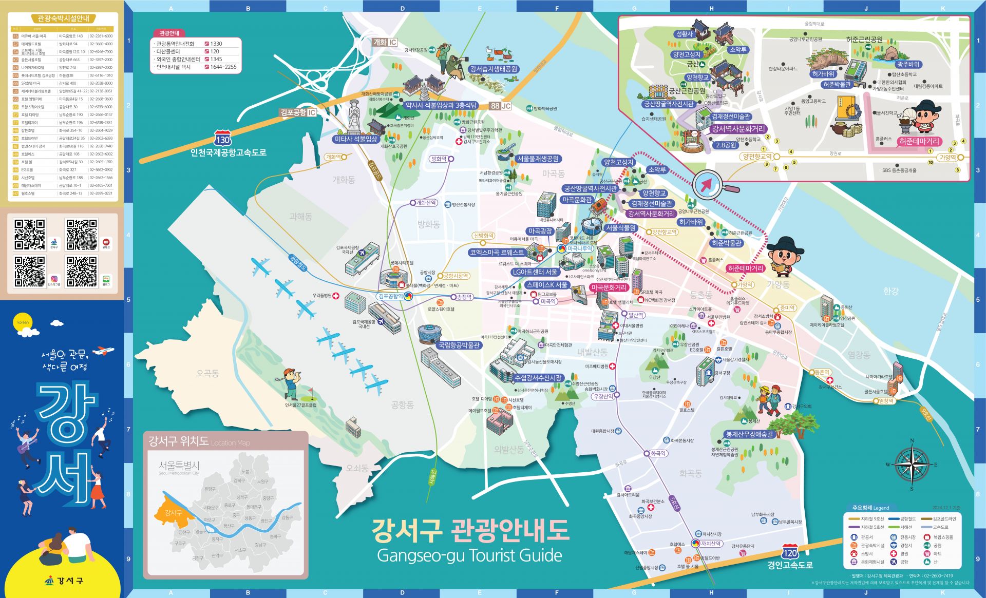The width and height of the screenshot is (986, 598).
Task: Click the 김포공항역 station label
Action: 390,297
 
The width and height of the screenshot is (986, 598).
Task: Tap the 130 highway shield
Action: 222,140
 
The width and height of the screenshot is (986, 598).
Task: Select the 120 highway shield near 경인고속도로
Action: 790,553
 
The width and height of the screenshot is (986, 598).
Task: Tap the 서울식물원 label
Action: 620,228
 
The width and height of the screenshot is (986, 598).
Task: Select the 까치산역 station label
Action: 711,544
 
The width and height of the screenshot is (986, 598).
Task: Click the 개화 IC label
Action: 385,43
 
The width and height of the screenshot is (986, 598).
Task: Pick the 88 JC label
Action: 500,106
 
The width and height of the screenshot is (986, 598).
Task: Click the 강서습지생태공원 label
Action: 494,69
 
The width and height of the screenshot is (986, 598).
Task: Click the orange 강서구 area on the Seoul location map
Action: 174,512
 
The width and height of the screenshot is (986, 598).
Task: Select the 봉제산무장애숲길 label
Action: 749,434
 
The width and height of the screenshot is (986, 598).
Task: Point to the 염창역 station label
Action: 886,401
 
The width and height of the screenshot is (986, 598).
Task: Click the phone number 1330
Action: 216,44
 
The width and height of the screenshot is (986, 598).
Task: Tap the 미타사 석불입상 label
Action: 356,139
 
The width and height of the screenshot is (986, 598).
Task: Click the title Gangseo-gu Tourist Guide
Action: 469,555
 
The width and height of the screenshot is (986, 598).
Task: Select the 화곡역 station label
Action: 658,453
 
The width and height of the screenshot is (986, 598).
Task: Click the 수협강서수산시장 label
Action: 538,378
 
